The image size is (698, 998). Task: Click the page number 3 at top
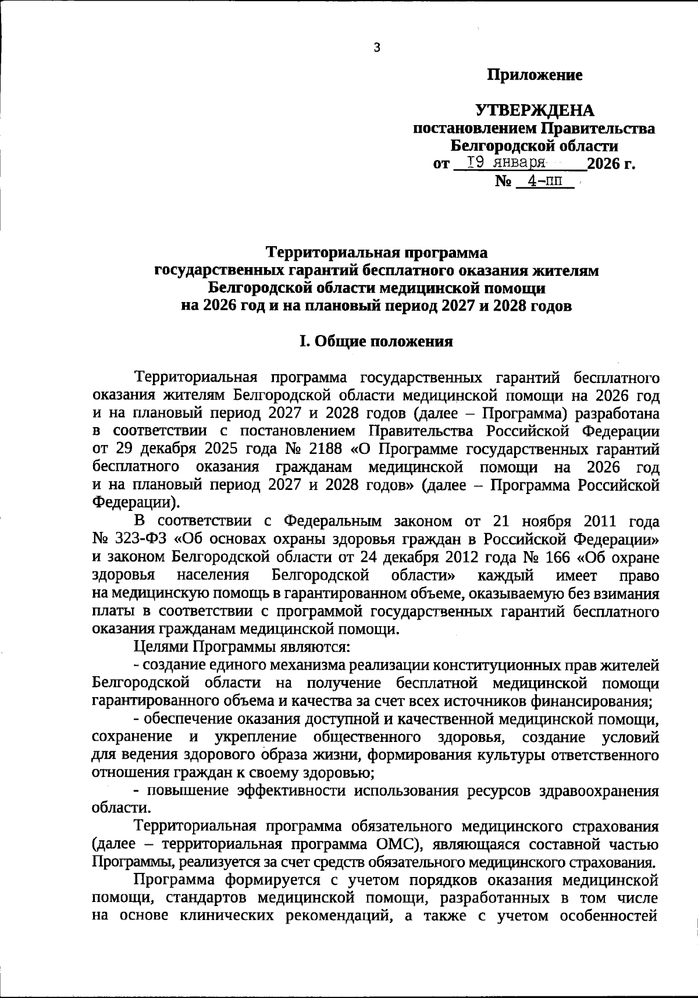[x=376, y=48]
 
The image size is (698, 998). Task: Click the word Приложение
[x=535, y=75]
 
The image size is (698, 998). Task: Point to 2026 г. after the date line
[x=611, y=164]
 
